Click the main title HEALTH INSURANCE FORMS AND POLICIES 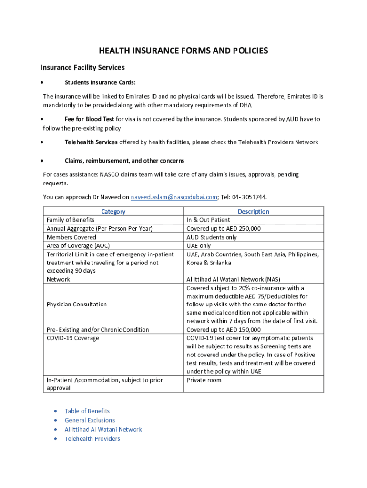[x=183, y=51]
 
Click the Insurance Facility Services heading [x=82, y=67]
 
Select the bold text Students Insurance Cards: [x=100, y=82]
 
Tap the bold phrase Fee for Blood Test [x=89, y=119]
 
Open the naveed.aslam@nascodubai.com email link [x=174, y=197]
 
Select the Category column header [x=113, y=211]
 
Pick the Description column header [x=253, y=211]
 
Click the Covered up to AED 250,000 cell [x=224, y=228]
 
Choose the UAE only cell [x=198, y=245]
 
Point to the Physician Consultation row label [x=76, y=304]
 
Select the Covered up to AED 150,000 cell [x=224, y=329]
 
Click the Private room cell [x=204, y=380]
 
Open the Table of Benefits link [x=87, y=411]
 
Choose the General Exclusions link [x=90, y=420]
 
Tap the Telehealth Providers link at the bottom [x=92, y=438]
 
